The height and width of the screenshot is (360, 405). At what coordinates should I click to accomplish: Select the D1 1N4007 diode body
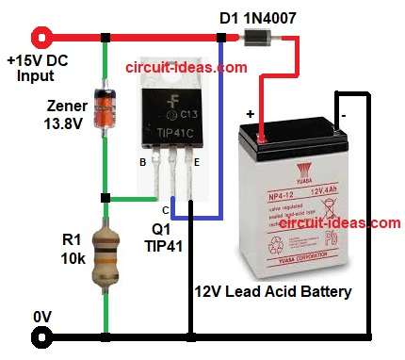pyautogui.click(x=255, y=38)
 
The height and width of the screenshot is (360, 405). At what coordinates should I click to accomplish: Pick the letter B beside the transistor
pyautogui.click(x=143, y=161)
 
